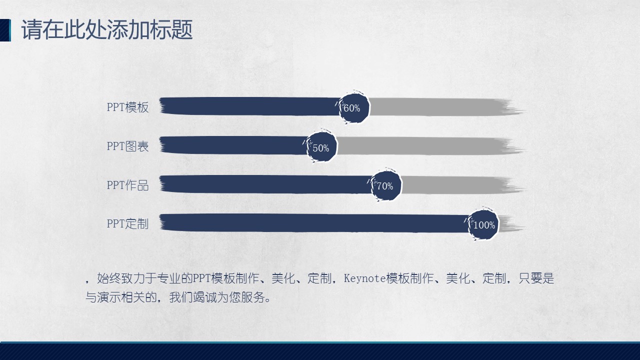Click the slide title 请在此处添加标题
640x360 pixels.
coord(107,30)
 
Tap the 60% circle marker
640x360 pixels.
coord(354,107)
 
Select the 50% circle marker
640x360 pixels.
coord(321,147)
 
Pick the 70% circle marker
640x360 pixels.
coord(387,185)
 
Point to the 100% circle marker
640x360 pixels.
coord(483,224)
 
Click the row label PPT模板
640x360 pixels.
coord(127,107)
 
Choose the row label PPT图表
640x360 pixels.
coord(127,146)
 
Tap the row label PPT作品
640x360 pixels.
coord(127,185)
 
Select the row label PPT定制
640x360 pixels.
coord(127,223)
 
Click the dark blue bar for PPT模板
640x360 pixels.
coord(250,106)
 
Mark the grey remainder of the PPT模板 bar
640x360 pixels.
coord(445,107)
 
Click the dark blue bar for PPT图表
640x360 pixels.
coord(233,145)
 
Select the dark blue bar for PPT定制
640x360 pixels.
coord(314,223)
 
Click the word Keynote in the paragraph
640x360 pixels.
coord(364,278)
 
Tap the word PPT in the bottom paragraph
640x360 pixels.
coord(201,278)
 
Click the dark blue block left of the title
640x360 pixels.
coord(5,30)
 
